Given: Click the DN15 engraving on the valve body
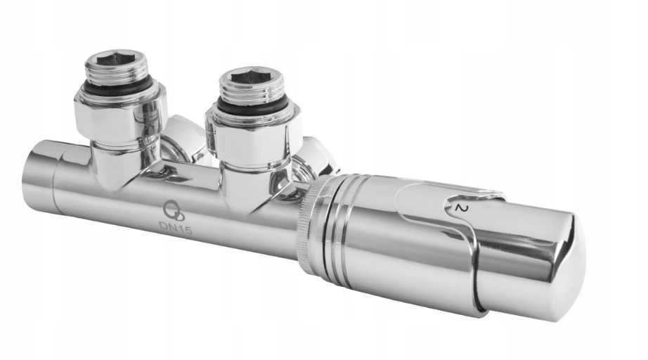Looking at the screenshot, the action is [x=176, y=227].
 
